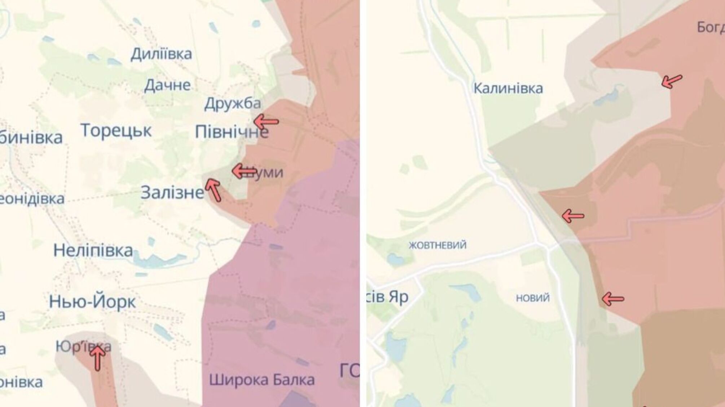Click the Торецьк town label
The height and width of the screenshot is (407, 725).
[x=116, y=130]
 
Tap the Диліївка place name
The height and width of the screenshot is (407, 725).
[x=161, y=54]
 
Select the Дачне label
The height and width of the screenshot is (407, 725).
[x=167, y=85]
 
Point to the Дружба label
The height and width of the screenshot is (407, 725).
[x=232, y=104]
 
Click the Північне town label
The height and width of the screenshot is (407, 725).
[x=231, y=132]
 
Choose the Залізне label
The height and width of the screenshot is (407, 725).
[x=172, y=193]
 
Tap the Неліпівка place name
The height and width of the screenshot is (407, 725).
[x=93, y=250]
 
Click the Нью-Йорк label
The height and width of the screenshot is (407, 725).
[x=92, y=302]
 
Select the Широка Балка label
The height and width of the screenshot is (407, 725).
[x=262, y=380]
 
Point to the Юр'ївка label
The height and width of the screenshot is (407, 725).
[x=83, y=347]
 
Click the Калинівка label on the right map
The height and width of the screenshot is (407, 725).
[x=508, y=88]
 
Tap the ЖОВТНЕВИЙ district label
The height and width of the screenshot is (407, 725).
[x=437, y=245]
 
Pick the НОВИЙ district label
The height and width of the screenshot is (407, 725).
[x=533, y=298]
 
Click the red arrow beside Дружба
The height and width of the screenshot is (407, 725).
[x=266, y=122]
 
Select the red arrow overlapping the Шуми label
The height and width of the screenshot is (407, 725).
[x=244, y=171]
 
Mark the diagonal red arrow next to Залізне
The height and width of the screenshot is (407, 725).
[x=213, y=190]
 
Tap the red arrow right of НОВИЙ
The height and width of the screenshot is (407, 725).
[x=613, y=299]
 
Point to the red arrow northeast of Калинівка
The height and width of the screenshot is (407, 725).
[x=672, y=81]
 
